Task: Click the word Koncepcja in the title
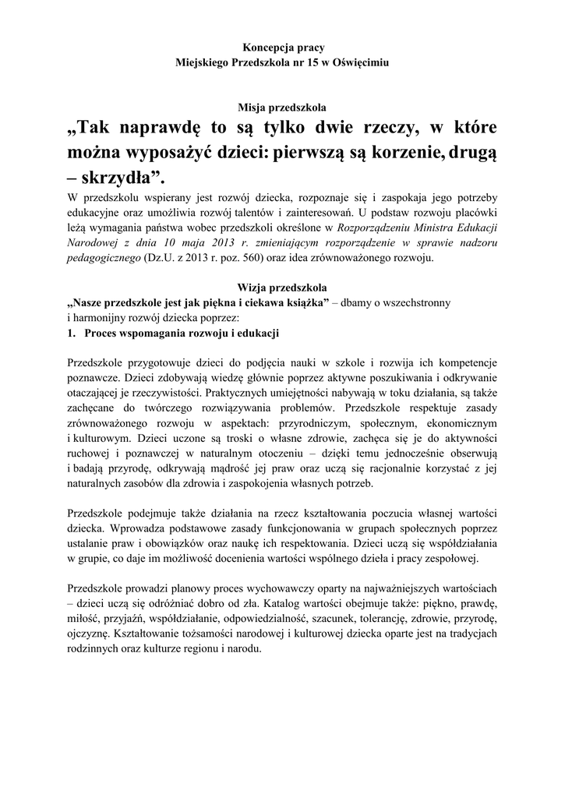[247, 48]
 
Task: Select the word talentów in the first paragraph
[261, 214]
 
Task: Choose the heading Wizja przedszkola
[282, 287]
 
